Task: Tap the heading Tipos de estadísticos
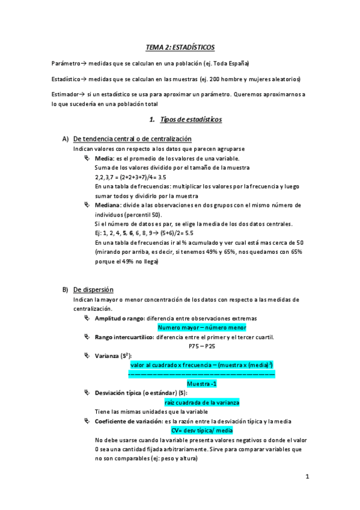pyautogui.click(x=191, y=120)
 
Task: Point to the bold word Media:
pyautogui.click(x=105, y=158)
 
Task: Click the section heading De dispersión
pyautogui.click(x=93, y=290)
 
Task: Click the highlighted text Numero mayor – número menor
pyautogui.click(x=202, y=328)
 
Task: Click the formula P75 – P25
pyautogui.click(x=202, y=346)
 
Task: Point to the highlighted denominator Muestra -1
pyautogui.click(x=202, y=384)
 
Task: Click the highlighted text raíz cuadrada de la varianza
pyautogui.click(x=202, y=402)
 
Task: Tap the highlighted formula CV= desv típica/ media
pyautogui.click(x=202, y=431)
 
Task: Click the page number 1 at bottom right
pyautogui.click(x=307, y=478)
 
